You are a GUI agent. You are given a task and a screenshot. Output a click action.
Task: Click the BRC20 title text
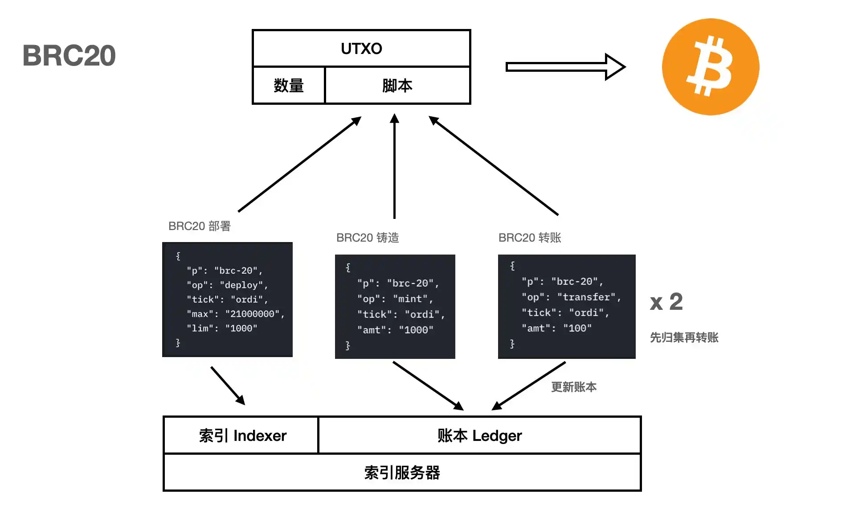click(69, 56)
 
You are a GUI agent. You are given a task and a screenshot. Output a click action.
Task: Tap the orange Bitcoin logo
click(710, 67)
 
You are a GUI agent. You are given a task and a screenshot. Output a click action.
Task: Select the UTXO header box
click(361, 49)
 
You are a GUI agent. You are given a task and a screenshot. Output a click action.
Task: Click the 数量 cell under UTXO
click(289, 86)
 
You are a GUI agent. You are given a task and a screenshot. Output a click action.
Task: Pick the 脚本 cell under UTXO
click(397, 86)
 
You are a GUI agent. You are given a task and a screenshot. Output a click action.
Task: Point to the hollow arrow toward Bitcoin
click(565, 67)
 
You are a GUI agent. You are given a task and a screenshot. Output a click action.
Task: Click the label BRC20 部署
click(200, 226)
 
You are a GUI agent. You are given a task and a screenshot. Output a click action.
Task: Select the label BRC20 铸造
click(368, 238)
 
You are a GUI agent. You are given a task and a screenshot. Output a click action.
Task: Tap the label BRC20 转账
click(530, 238)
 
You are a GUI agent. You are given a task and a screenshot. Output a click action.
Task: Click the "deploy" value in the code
click(241, 285)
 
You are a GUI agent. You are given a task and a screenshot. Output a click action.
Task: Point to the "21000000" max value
click(253, 314)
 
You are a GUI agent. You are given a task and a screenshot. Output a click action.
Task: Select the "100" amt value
click(577, 328)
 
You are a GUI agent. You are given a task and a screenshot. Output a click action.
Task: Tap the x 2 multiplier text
click(666, 302)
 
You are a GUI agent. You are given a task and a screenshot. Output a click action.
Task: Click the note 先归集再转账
click(684, 337)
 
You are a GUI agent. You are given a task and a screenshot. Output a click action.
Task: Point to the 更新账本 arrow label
click(574, 387)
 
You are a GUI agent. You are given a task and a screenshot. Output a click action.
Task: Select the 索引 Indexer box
click(242, 436)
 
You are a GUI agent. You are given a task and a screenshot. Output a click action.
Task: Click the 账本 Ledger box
click(479, 436)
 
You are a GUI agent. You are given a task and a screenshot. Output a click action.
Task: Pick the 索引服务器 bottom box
click(402, 473)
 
